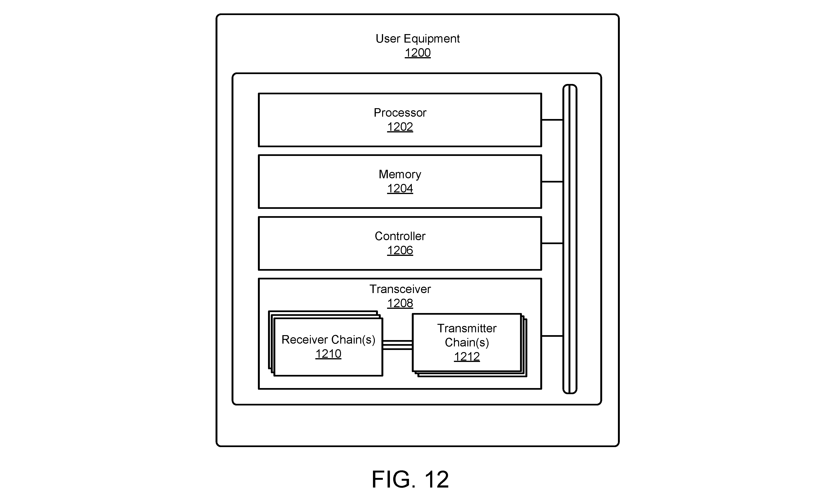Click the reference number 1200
pyautogui.click(x=417, y=53)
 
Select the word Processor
pyautogui.click(x=400, y=113)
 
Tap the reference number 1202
pyautogui.click(x=400, y=127)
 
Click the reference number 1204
pyautogui.click(x=400, y=188)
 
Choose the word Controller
pyautogui.click(x=400, y=236)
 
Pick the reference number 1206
pyautogui.click(x=400, y=250)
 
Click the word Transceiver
pyautogui.click(x=400, y=289)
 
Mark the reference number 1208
pyautogui.click(x=400, y=303)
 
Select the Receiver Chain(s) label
pyautogui.click(x=328, y=340)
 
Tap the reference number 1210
pyautogui.click(x=328, y=354)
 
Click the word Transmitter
pyautogui.click(x=467, y=328)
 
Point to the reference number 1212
pyautogui.click(x=467, y=357)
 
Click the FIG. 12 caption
pyautogui.click(x=410, y=479)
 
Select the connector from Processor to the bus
pyautogui.click(x=552, y=120)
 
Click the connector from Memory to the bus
pyautogui.click(x=552, y=182)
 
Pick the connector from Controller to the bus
pyautogui.click(x=552, y=243)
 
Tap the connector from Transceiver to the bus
pyautogui.click(x=552, y=336)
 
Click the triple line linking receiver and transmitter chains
pyautogui.click(x=397, y=345)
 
